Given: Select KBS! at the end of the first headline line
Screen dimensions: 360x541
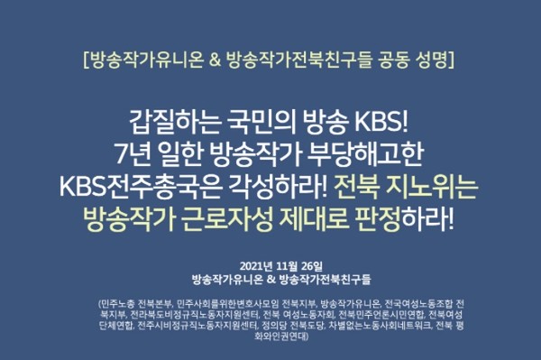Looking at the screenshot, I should pos(386,121).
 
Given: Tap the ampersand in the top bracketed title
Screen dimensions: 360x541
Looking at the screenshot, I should pos(214,61).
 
